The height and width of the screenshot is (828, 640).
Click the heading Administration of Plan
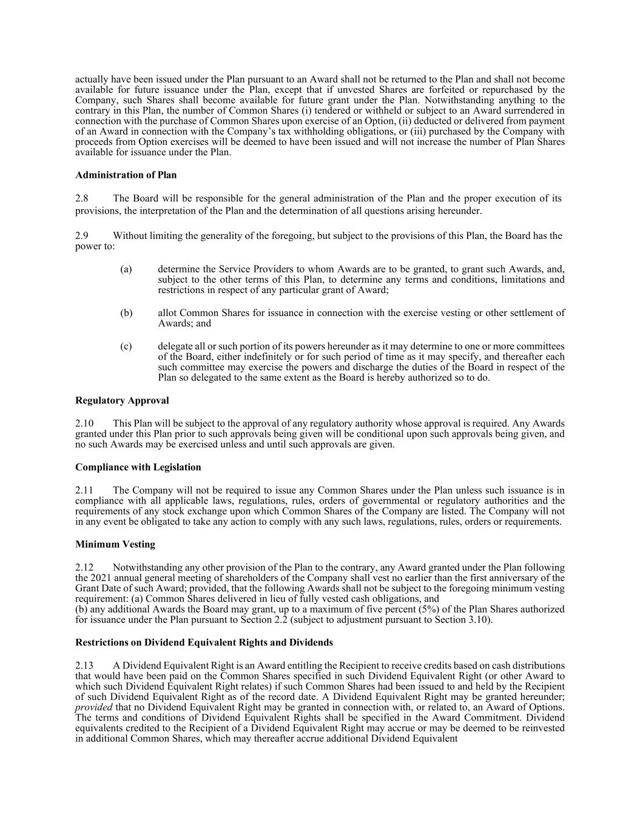click(x=126, y=175)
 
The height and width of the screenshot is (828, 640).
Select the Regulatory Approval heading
click(x=122, y=400)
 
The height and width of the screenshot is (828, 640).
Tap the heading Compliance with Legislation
click(x=138, y=467)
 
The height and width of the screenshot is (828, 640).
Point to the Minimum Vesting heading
click(x=115, y=544)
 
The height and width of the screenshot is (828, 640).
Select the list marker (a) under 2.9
click(x=126, y=269)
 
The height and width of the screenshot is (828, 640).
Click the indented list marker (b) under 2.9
click(x=126, y=313)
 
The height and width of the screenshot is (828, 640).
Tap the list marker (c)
click(x=126, y=346)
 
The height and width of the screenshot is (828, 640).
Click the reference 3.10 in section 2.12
click(x=479, y=619)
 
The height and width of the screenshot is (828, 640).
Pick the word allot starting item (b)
click(x=167, y=313)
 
